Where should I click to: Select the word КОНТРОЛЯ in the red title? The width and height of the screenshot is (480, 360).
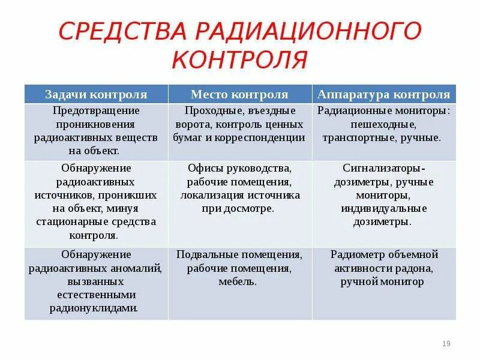tap(240, 60)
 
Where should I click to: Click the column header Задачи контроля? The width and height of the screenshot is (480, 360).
tap(96, 95)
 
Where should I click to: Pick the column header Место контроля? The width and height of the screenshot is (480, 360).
tap(239, 95)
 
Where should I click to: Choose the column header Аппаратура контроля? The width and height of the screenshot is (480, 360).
tap(384, 95)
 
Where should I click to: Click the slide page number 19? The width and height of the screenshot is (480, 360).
tap(446, 343)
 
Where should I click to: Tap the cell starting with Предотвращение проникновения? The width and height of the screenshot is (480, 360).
tap(96, 131)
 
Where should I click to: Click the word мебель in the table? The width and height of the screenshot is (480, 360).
tap(238, 281)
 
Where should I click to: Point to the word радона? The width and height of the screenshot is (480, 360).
tap(412, 268)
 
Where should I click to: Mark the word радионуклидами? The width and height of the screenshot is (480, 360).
tap(96, 308)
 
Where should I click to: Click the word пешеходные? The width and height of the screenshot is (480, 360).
tap(384, 124)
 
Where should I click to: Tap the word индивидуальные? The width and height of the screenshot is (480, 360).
tap(384, 208)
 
